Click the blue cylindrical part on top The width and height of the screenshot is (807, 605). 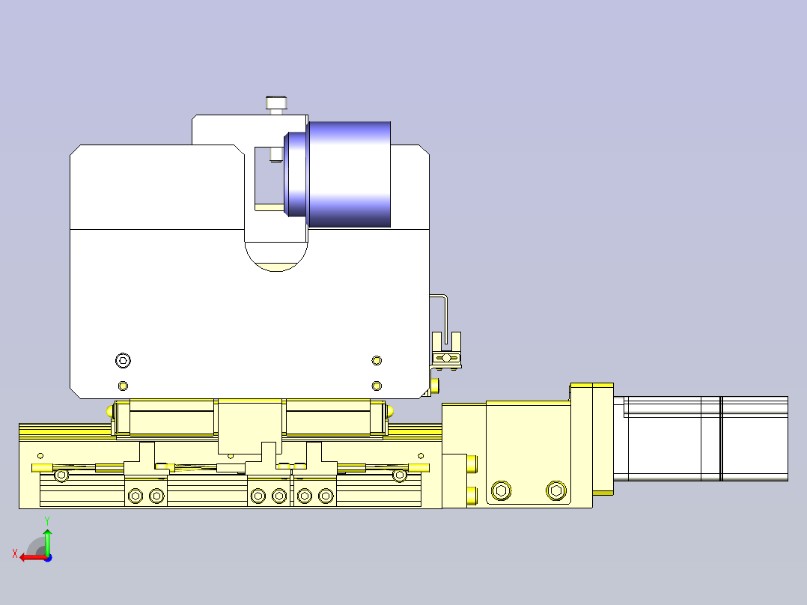tap(348, 174)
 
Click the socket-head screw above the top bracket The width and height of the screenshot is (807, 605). tap(275, 103)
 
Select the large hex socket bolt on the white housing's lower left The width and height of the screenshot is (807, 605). tap(123, 361)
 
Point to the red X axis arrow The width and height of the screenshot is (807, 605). tap(30, 557)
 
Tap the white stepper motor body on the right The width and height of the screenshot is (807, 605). tap(704, 438)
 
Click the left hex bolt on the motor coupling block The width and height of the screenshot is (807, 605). tap(501, 491)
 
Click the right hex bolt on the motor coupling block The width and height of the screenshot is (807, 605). tap(555, 491)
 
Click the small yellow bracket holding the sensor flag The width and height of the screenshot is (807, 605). tap(448, 359)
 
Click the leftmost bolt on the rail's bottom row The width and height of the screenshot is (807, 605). tap(135, 495)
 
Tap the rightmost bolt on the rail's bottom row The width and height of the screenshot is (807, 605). tap(325, 495)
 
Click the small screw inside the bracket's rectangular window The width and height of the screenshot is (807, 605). tap(275, 154)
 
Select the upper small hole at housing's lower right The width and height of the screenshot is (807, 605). tap(377, 361)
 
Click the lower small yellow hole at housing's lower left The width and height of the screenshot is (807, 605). tap(123, 386)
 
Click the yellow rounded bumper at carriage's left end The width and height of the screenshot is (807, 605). tap(111, 410)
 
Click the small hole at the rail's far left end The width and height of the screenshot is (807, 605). tap(40, 455)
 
